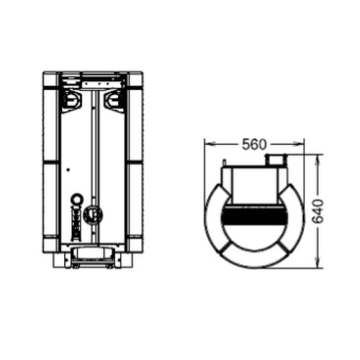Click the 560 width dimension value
pos(255,144)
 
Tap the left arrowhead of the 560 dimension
pos(207,144)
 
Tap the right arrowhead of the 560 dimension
pos(302,144)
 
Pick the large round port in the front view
pos(91,214)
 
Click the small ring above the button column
pos(77,198)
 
